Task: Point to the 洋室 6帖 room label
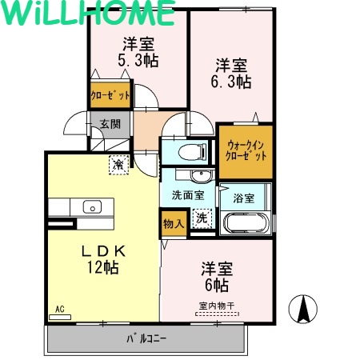(x=215, y=276)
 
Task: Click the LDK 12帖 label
(x=102, y=258)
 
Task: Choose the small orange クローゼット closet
(x=110, y=95)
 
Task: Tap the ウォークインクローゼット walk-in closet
(x=246, y=151)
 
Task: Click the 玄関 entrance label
(x=110, y=124)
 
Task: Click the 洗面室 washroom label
(x=187, y=194)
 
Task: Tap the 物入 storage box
(x=174, y=222)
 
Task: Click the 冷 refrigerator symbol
(x=118, y=165)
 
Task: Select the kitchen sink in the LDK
(x=90, y=206)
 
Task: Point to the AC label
(x=59, y=309)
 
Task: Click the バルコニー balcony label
(x=146, y=338)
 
